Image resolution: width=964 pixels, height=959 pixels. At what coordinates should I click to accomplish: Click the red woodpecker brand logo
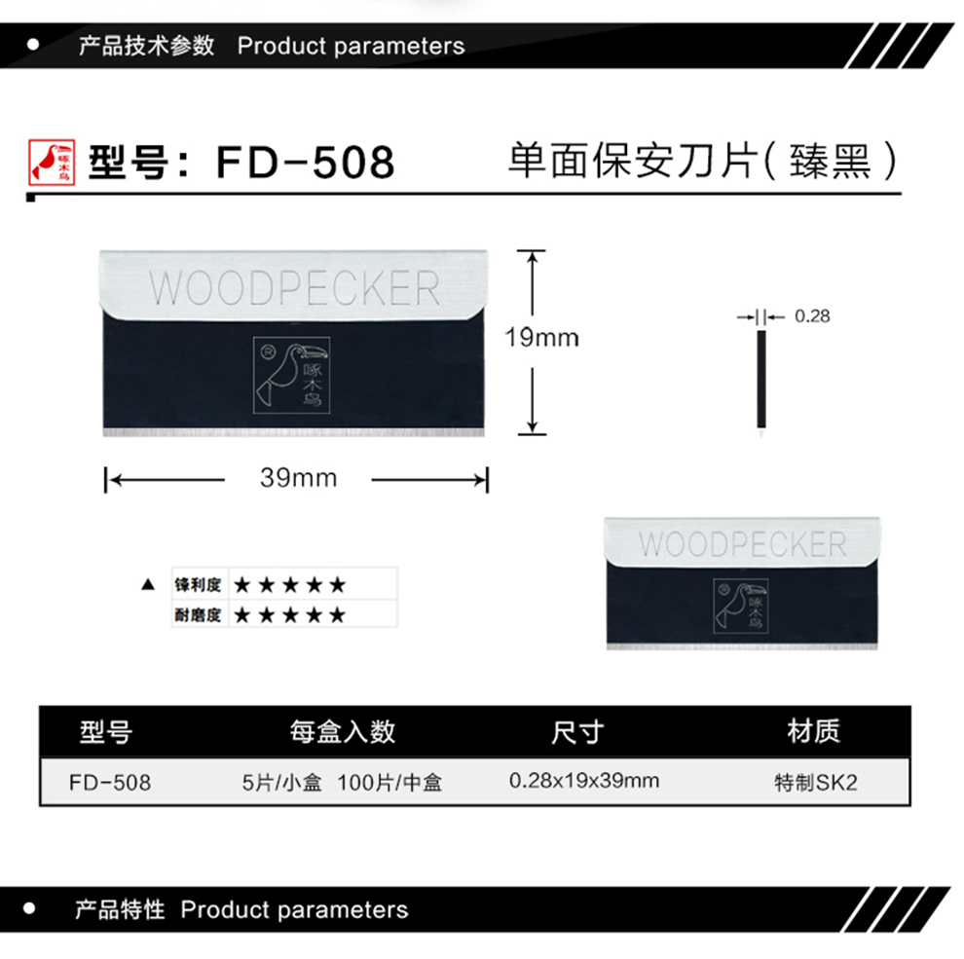tap(48, 162)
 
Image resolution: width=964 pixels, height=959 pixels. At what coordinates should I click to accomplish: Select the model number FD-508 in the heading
tap(305, 163)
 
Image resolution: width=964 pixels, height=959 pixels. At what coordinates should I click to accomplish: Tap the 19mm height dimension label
tap(541, 338)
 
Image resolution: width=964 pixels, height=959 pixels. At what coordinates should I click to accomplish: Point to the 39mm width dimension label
tap(298, 478)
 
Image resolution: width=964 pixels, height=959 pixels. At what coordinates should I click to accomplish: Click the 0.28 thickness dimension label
tap(812, 315)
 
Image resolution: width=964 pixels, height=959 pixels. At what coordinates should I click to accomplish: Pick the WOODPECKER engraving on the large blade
tap(294, 288)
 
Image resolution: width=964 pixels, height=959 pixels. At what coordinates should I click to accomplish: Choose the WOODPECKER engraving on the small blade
tap(742, 543)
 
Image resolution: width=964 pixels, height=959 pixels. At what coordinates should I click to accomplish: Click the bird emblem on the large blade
tap(291, 374)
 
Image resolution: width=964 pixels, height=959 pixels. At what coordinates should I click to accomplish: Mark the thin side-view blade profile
tap(761, 379)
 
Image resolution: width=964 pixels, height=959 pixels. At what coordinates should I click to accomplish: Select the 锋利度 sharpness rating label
tap(199, 585)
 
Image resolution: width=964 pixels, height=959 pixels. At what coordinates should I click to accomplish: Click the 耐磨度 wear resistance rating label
tap(199, 615)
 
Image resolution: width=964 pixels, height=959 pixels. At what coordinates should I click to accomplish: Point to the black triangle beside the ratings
tap(148, 586)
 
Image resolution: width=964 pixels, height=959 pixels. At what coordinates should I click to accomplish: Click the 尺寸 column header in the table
tap(577, 732)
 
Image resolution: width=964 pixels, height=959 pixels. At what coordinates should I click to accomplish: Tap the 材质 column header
tap(813, 731)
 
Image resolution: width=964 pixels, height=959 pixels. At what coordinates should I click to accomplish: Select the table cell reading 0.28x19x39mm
tap(584, 781)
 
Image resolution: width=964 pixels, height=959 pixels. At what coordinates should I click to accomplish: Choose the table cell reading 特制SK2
tap(815, 782)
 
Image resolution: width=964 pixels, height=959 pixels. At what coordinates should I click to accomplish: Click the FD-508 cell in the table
tap(111, 782)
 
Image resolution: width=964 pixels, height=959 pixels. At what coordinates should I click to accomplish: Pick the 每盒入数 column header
tap(343, 732)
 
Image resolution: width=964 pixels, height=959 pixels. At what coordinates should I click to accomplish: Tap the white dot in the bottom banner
tap(31, 909)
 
